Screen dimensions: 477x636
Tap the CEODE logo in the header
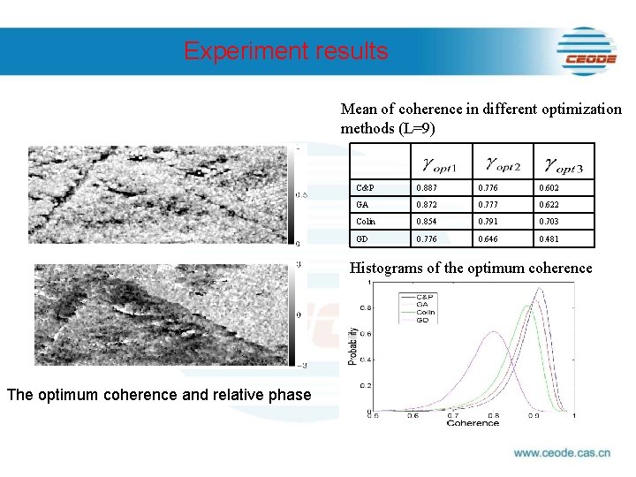click(x=587, y=50)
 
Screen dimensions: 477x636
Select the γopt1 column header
click(x=439, y=163)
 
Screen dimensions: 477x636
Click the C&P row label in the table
click(x=365, y=188)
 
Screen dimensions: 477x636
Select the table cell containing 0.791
click(x=488, y=222)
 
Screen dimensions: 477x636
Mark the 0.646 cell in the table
click(x=488, y=239)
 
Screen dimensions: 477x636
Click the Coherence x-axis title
click(x=472, y=422)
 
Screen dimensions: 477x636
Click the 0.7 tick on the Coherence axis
click(x=452, y=414)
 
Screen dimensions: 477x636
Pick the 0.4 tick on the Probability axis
click(x=362, y=360)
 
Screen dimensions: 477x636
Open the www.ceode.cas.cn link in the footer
click(x=562, y=454)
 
